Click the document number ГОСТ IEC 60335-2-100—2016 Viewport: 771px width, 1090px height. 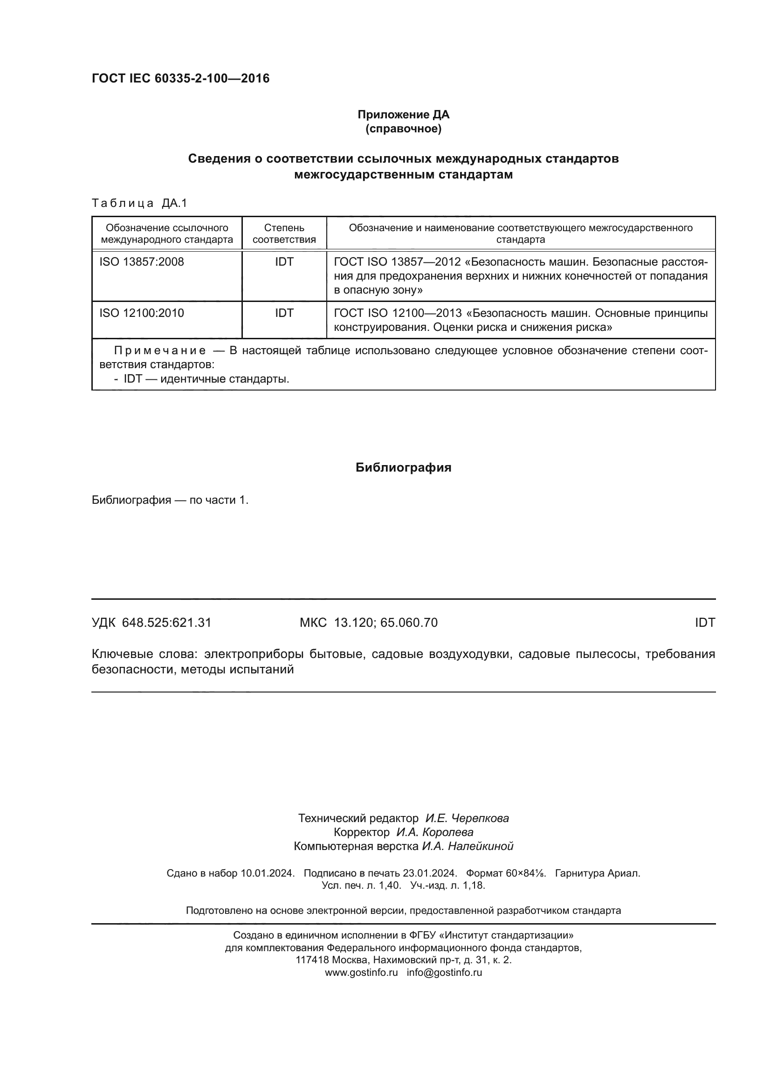pos(180,78)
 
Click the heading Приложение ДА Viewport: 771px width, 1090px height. pos(403,115)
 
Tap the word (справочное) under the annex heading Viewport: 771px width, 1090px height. pos(403,129)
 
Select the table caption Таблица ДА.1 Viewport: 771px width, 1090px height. pos(139,203)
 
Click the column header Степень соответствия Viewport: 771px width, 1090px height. pos(284,233)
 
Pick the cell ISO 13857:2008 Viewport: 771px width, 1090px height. pos(142,261)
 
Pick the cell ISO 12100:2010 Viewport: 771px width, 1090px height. pos(142,313)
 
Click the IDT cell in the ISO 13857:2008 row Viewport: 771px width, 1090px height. pos(284,261)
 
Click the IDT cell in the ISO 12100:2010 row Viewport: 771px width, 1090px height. pos(284,313)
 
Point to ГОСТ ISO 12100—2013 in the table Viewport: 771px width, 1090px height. pos(398,313)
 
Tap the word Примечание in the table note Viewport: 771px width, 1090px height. pos(160,351)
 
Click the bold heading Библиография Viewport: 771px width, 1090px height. pos(403,467)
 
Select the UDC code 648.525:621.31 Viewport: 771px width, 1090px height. pos(166,623)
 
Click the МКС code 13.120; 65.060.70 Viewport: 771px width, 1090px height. pos(385,623)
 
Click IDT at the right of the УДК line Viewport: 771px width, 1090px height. pos(704,623)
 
